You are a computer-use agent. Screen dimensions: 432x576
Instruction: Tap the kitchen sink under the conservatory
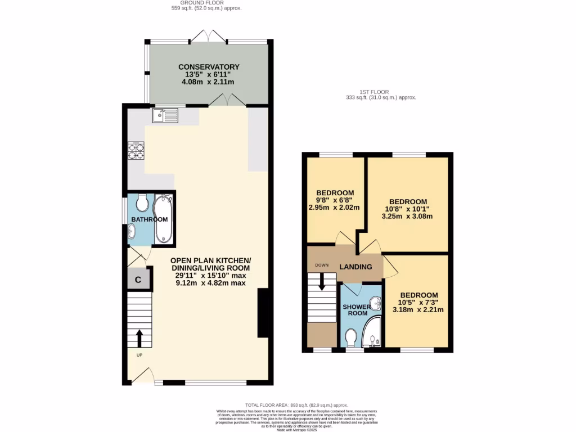pos(165,115)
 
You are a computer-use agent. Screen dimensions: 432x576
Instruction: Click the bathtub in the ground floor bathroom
pos(164,218)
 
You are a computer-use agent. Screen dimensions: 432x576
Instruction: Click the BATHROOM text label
pos(150,219)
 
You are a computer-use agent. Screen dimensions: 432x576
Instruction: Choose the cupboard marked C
pos(138,278)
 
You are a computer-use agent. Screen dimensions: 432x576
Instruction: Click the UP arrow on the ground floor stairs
pos(139,337)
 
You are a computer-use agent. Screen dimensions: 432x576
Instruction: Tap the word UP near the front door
pos(138,355)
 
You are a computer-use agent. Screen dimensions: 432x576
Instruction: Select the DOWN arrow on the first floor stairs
pos(322,281)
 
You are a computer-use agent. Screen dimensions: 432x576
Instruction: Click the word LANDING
pos(355,267)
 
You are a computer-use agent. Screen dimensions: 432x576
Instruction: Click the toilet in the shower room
pos(352,337)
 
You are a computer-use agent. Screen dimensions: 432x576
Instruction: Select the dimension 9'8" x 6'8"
pos(334,199)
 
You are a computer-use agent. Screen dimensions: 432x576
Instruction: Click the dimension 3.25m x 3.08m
pos(408,215)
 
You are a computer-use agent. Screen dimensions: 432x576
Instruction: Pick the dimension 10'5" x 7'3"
pos(418,303)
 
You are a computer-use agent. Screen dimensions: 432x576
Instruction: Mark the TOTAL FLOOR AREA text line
pos(296,405)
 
